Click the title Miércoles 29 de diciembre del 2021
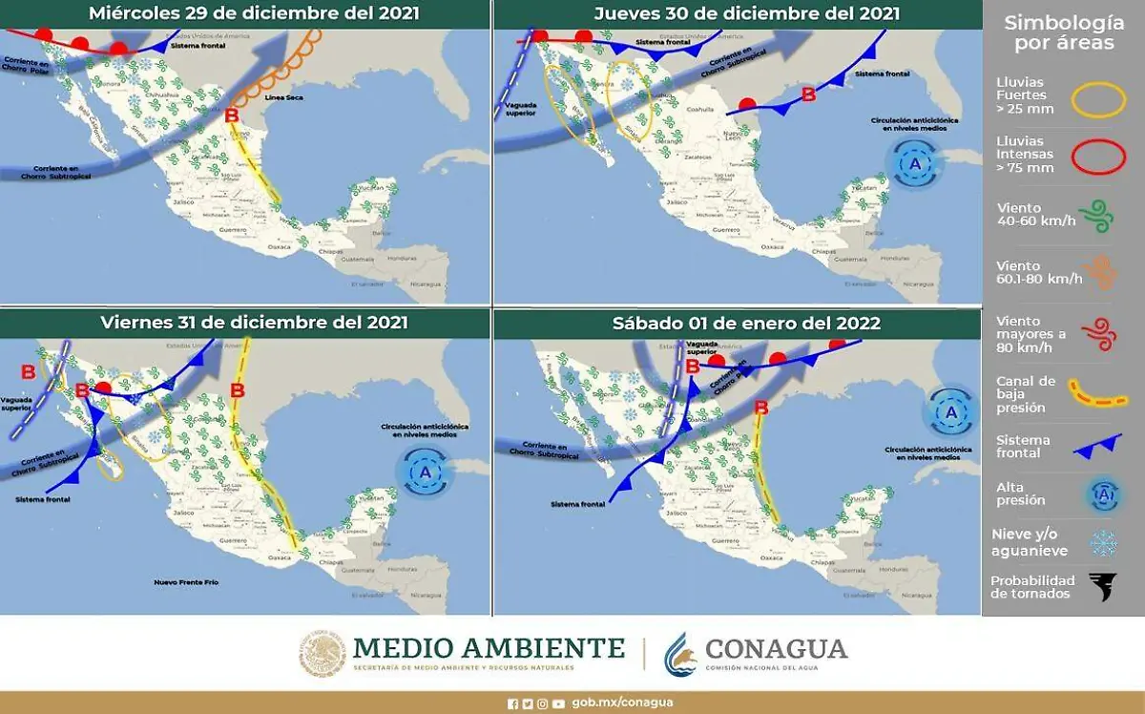point(246,13)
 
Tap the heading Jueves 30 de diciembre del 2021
point(746,13)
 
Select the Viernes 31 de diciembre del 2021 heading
point(254,323)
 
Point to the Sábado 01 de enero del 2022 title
point(746,324)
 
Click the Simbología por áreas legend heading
point(1064,33)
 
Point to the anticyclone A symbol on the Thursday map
point(915,164)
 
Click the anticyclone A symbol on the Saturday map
point(949,413)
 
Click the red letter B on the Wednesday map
point(231,116)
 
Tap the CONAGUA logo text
point(775,649)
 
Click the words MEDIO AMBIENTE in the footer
point(489,648)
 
